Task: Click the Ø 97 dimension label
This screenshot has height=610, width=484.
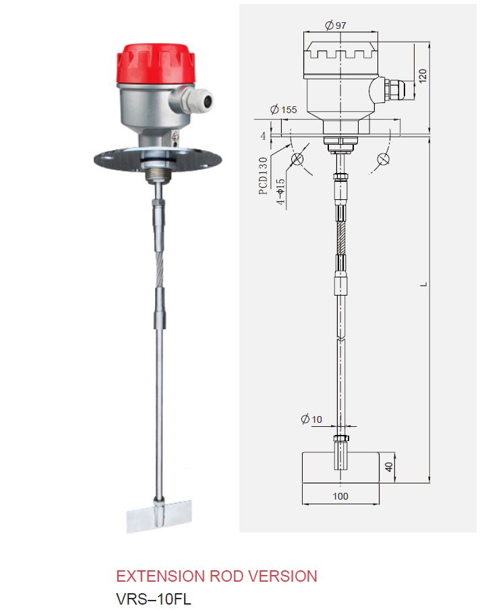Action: pos(335,26)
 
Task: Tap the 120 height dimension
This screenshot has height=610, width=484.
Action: pos(423,75)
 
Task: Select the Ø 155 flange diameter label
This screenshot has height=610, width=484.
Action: pos(284,110)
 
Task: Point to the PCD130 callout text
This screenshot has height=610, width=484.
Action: pos(263,176)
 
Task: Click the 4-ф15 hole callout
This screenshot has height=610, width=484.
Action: pos(280,191)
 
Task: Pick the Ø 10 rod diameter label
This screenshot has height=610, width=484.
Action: pos(311,419)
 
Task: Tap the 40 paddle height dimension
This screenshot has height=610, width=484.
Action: pos(388,467)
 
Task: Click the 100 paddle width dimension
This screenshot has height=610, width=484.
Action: pos(340,496)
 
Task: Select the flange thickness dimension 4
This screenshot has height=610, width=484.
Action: pos(263,135)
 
